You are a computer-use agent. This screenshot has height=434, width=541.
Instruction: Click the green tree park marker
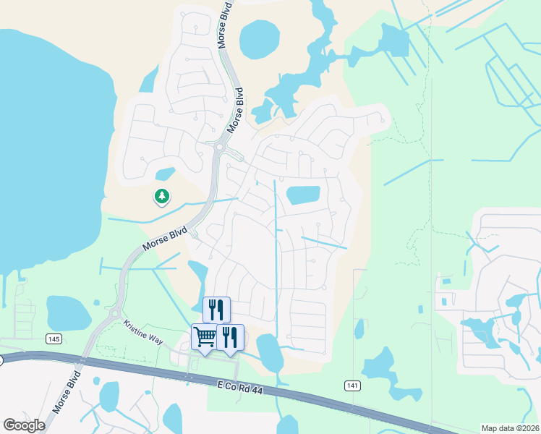162,196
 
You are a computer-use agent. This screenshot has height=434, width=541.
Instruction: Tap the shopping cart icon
204,336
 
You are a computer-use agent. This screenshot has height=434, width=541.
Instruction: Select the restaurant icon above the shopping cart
216,310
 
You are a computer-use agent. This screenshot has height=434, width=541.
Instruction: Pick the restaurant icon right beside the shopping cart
230,336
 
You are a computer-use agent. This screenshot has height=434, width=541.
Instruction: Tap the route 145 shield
53,339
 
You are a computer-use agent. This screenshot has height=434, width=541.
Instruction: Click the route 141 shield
352,386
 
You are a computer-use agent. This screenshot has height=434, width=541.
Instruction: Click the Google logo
24,425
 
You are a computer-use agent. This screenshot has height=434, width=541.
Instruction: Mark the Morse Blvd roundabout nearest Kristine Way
114,314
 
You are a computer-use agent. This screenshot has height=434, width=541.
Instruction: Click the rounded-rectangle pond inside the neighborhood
304,195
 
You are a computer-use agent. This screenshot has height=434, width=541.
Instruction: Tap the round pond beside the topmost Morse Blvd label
260,39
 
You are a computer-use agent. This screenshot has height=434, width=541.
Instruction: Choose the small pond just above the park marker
166,174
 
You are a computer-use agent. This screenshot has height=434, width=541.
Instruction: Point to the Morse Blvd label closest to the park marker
165,238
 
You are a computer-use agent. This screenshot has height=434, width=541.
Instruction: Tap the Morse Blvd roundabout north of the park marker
219,149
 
